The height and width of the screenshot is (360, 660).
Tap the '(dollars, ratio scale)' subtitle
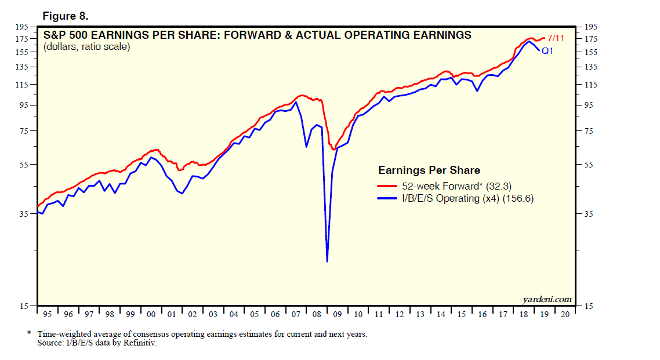86,47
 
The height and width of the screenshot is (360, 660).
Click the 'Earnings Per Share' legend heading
429,170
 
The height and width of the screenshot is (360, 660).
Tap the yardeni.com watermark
546,299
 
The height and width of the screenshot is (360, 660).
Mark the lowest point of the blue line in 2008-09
328,261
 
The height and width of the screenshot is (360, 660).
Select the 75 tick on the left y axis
24,131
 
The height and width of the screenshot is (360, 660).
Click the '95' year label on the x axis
48,314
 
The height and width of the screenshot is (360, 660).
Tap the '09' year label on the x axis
338,314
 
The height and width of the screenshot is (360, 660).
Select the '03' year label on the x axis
213,314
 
